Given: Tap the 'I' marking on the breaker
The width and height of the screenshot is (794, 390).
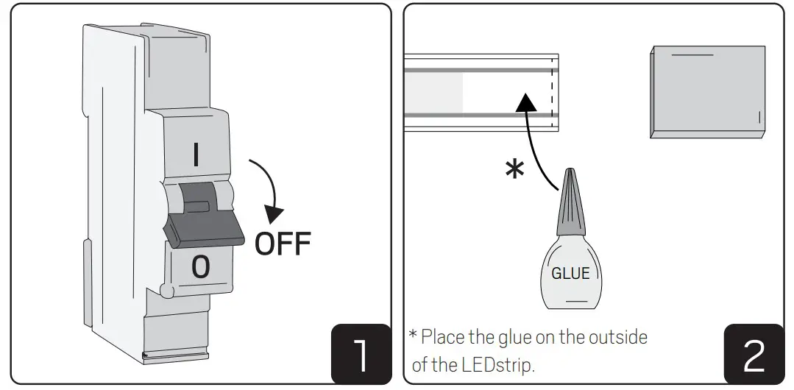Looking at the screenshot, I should pos(196,155).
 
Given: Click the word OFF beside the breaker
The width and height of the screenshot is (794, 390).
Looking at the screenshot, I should pos(283,244).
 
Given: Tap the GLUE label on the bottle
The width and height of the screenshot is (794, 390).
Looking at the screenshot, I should pos(570,274).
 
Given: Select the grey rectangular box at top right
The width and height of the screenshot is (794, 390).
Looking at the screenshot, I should pos(708,91).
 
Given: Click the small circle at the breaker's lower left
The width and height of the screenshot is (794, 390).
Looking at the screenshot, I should pos(166,292).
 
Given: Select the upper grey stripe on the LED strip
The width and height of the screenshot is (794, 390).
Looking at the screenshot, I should pos(481,70).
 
